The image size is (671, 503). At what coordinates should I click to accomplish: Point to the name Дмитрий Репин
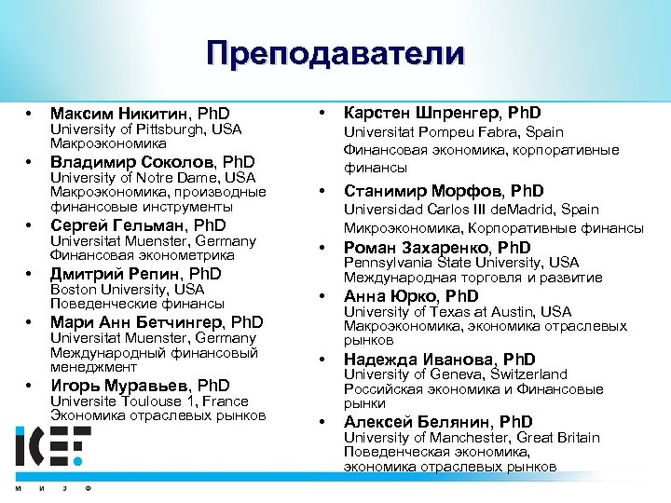click(117, 273)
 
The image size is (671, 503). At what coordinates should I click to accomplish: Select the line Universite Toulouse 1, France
click(149, 401)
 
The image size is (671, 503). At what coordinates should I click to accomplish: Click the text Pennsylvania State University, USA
click(461, 263)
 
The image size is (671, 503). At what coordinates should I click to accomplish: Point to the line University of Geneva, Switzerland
click(455, 374)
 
